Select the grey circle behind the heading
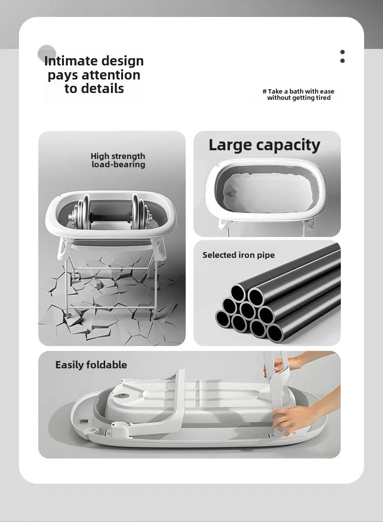pyautogui.click(x=47, y=54)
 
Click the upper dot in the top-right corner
pyautogui.click(x=342, y=52)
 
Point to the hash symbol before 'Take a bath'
pyautogui.click(x=264, y=91)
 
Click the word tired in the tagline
pyautogui.click(x=323, y=98)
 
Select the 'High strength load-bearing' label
pyautogui.click(x=118, y=160)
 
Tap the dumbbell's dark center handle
pyautogui.click(x=110, y=219)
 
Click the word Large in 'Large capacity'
pyautogui.click(x=230, y=145)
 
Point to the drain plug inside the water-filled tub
pyautogui.click(x=231, y=193)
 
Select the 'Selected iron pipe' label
pyautogui.click(x=239, y=255)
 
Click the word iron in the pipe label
pyautogui.click(x=247, y=255)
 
